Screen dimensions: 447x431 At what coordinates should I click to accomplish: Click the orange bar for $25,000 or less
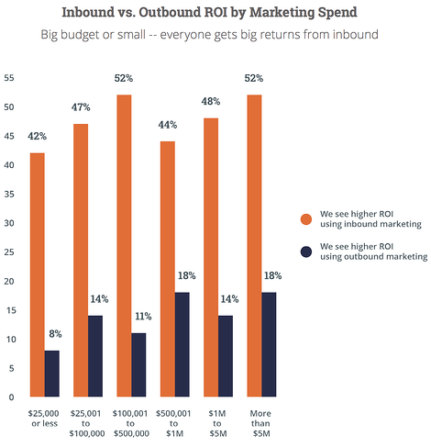37,275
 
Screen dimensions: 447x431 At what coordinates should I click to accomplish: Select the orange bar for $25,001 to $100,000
80,261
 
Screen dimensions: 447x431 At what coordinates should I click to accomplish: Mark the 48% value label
209,104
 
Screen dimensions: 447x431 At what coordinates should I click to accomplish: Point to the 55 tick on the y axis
9,78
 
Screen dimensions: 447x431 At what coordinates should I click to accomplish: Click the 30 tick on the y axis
9,223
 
